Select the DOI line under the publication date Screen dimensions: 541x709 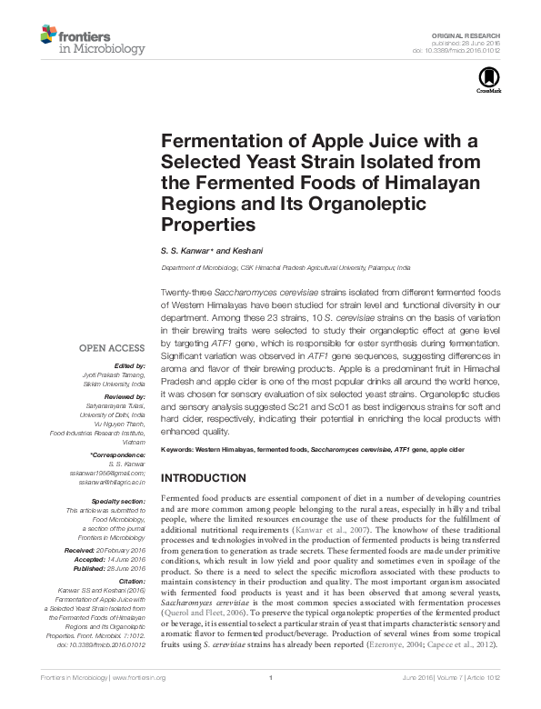coord(465,50)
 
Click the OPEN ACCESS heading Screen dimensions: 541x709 coord(111,347)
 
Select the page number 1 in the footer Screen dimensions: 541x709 coord(272,703)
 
